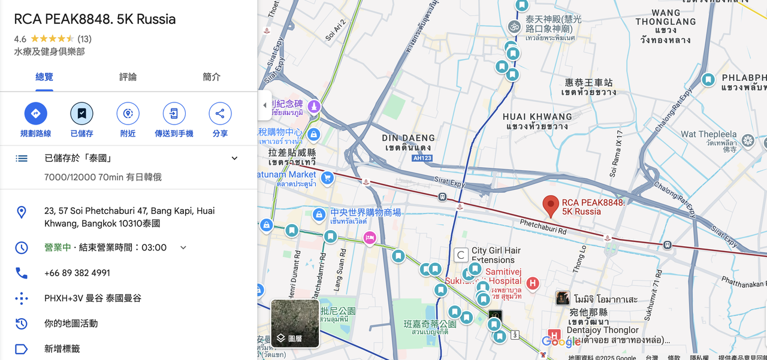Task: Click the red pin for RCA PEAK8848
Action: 551,205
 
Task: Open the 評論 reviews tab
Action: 128,77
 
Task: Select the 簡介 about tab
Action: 212,77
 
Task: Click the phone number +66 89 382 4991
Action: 77,273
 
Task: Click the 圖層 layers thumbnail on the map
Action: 295,323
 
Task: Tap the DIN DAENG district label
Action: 409,143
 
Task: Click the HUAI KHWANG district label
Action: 537,121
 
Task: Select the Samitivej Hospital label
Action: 503,276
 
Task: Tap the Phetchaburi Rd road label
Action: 543,227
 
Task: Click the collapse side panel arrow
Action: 265,105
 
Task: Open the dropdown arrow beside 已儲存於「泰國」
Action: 234,158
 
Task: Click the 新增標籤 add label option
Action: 62,349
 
